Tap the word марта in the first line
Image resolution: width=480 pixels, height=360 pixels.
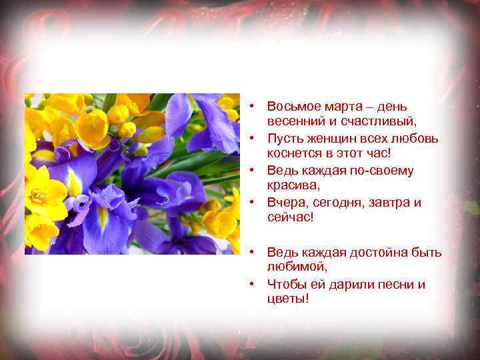[339, 107]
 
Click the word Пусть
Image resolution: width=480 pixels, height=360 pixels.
[284, 139]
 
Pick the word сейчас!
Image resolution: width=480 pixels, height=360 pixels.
[289, 218]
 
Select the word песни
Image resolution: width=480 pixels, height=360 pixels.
[385, 284]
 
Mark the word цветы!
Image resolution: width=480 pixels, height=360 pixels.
[287, 299]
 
